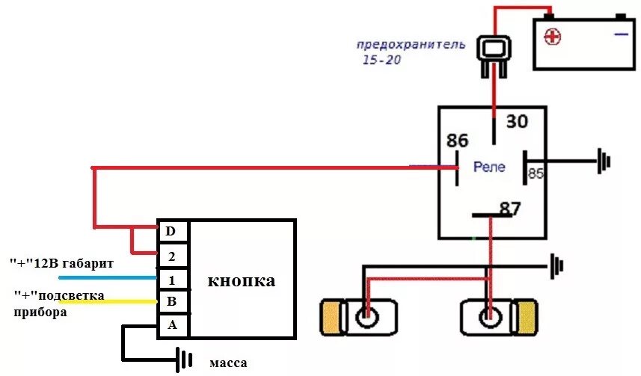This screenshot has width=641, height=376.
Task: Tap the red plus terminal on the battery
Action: (x=553, y=37)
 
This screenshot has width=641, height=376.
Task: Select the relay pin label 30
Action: (x=516, y=121)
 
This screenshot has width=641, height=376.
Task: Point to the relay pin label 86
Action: (x=457, y=141)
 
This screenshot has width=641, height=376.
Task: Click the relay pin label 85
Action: (x=536, y=173)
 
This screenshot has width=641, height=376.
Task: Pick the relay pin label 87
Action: (x=509, y=209)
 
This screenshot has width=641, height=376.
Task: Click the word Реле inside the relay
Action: (x=489, y=167)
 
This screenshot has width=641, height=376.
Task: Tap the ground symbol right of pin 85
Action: (x=603, y=160)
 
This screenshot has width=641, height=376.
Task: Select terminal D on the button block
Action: (x=172, y=230)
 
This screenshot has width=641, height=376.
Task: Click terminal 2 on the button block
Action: (x=172, y=255)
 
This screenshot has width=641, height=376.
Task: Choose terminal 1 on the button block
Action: (x=172, y=280)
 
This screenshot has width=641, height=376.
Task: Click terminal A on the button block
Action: (x=172, y=326)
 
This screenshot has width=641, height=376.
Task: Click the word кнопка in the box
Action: (x=241, y=281)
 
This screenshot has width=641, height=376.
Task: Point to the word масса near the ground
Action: (x=228, y=363)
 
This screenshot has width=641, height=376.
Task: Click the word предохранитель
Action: (x=411, y=44)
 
